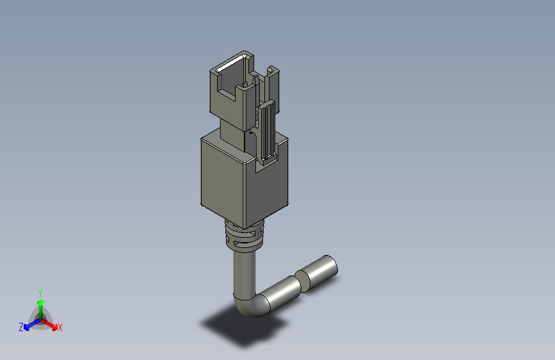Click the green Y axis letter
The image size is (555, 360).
pos(40,291)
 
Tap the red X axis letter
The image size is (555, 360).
pos(60,328)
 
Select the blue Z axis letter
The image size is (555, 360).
pos(21,327)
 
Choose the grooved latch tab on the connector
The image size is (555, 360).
pos(267,131)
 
